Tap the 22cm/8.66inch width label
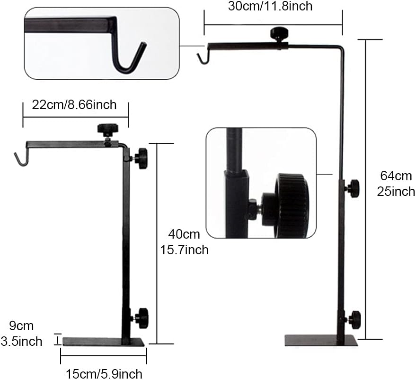tap(74, 105)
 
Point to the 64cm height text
tap(396, 176)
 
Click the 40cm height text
tap(185, 234)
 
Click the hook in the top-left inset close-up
tap(128, 57)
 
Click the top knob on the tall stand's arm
tap(277, 34)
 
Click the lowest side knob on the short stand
tap(141, 316)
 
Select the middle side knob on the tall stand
tap(353, 188)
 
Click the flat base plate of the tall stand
tap(321, 341)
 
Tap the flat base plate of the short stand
tap(103, 342)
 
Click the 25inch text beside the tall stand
tap(397, 192)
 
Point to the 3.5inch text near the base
tap(22, 341)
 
